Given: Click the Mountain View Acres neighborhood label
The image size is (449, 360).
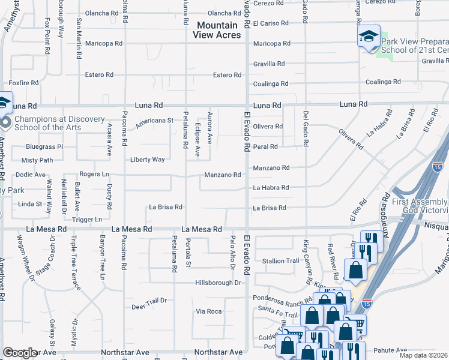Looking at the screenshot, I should (217, 30).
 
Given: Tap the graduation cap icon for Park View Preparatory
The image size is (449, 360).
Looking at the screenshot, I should (369, 37).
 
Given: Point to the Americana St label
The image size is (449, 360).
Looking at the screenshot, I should (154, 120).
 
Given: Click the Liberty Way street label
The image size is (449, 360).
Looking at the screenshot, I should (147, 160).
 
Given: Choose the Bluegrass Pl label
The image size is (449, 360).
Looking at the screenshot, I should (44, 146).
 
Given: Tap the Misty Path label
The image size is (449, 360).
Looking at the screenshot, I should (37, 160).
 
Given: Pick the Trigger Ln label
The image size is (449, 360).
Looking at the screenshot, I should (87, 220).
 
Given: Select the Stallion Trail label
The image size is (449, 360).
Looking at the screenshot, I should (280, 261).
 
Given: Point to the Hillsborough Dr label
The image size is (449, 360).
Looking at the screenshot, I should (218, 283).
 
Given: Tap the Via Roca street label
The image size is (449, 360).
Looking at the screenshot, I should (209, 311).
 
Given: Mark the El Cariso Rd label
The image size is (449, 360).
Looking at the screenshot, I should (271, 23).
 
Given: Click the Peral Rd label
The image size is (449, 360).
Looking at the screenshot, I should (265, 146).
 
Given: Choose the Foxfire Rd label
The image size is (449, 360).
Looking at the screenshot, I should (23, 83).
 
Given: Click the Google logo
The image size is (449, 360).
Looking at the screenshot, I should (20, 353).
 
